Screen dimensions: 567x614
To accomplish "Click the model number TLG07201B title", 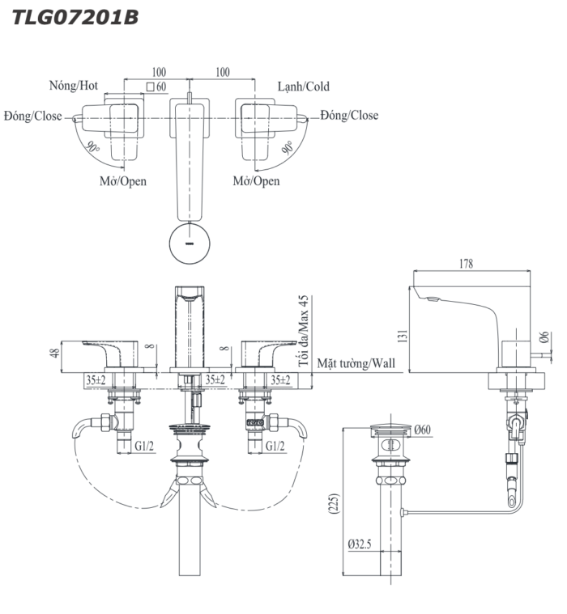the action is coord(75,18).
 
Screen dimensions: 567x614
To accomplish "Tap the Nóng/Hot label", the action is coord(74,86).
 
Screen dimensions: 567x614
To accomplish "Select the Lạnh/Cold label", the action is coord(304,86).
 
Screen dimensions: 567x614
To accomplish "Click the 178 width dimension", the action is coord(466,264).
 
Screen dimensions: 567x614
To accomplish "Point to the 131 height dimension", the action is coord(403,336).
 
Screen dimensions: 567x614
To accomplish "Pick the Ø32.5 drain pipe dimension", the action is coord(360,544).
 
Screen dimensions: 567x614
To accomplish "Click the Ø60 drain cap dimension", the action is coord(422,430).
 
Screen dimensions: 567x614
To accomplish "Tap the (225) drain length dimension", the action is coord(335,503).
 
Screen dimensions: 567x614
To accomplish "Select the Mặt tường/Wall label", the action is coord(356,363).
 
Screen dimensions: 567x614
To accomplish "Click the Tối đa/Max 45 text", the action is coord(303,331).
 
